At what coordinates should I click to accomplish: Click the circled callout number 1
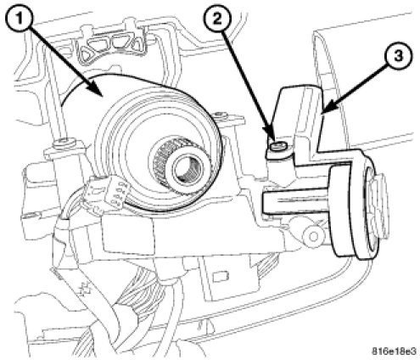click(20, 20)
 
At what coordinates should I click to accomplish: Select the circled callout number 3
click(398, 56)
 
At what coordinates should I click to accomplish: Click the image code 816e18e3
click(394, 352)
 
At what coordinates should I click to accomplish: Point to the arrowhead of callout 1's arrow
click(97, 91)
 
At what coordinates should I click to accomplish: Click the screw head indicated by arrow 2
click(278, 147)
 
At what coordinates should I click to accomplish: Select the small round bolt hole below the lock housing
click(313, 235)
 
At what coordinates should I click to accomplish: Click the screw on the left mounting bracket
click(64, 141)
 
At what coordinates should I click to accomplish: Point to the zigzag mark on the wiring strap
click(85, 290)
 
